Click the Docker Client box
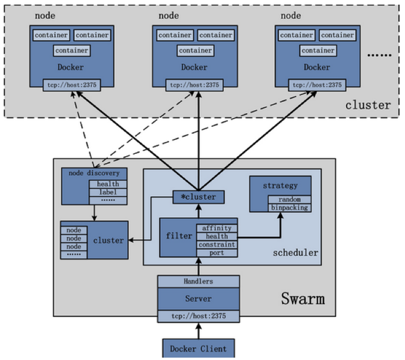(x=198, y=348)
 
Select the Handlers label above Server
(x=198, y=282)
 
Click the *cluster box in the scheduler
(x=198, y=197)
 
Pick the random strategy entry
(x=290, y=199)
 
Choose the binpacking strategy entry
(x=290, y=207)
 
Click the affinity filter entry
(x=217, y=228)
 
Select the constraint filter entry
(x=217, y=245)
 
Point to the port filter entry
(x=217, y=253)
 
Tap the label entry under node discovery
(x=108, y=192)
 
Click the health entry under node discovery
(x=108, y=184)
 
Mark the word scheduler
(x=296, y=253)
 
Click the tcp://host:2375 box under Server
(x=198, y=317)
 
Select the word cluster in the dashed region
(x=368, y=105)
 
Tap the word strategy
(x=280, y=186)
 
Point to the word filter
(x=179, y=236)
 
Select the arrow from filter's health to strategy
(x=259, y=236)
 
